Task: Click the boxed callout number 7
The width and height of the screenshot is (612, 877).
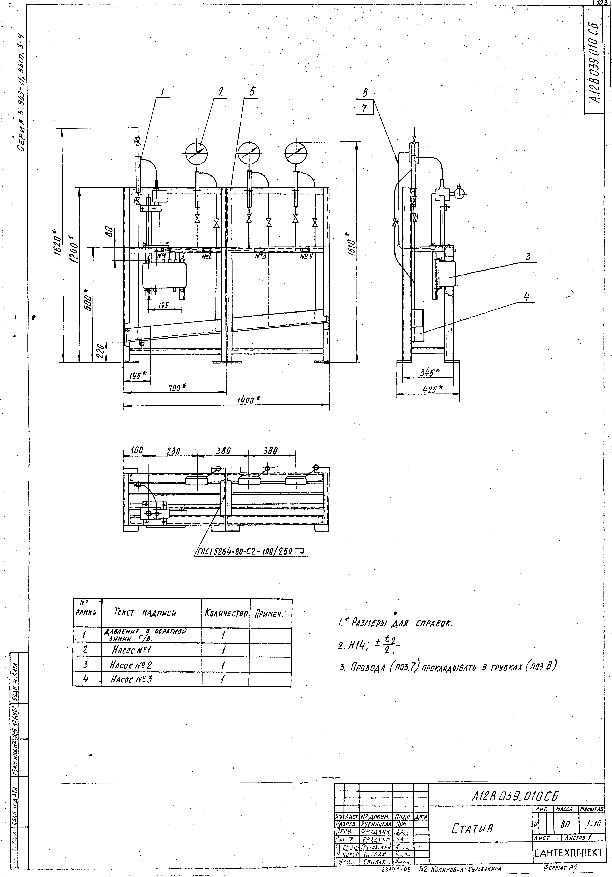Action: click(x=364, y=109)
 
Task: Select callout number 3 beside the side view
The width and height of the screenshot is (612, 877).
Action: click(x=528, y=257)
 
